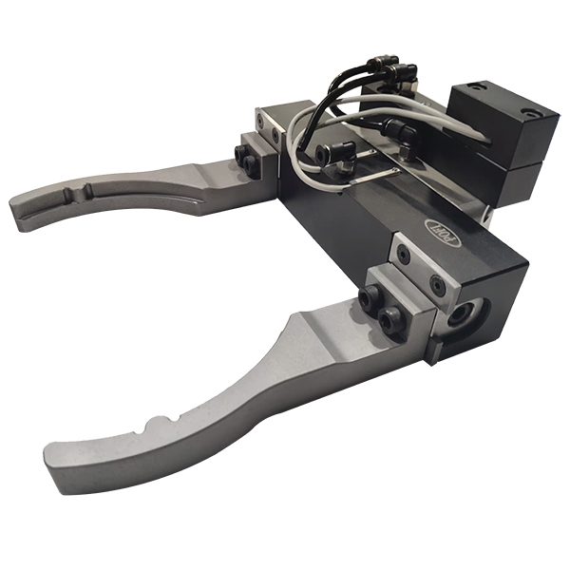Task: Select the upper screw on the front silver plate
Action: (x=405, y=255)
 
